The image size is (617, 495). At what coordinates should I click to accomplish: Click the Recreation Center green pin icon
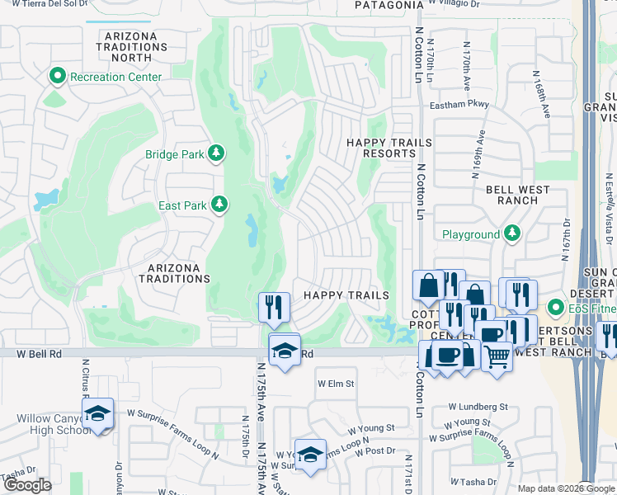coord(58,78)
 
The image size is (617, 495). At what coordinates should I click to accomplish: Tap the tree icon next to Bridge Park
coord(216,153)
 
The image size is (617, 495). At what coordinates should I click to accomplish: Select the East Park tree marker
coord(219,204)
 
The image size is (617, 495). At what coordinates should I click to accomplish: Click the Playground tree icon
coord(513,234)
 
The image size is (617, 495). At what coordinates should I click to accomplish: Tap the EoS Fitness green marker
coord(557,309)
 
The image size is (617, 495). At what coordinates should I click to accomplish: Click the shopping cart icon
coord(497,356)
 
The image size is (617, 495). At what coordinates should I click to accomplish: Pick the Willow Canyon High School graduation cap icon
coord(97,413)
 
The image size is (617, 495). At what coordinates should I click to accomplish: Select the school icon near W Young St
coord(309,455)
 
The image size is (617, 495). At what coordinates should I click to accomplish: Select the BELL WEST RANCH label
coord(518,196)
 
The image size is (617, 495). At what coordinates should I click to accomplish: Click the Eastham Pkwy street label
coord(459,105)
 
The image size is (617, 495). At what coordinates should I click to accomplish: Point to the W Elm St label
coord(336,384)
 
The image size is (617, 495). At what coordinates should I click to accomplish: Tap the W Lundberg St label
coord(478,407)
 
